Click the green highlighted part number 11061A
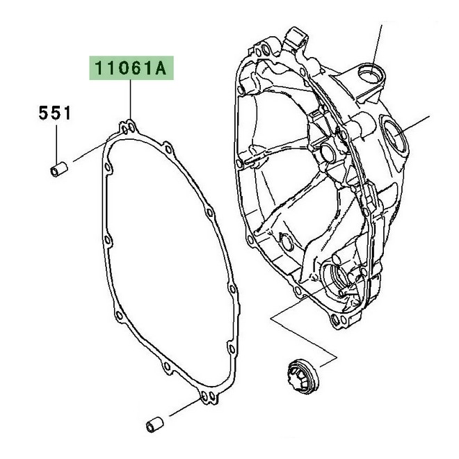click(x=131, y=70)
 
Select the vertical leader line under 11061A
click(x=131, y=101)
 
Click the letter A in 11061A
click(x=161, y=70)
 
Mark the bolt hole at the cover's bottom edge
click(x=337, y=321)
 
